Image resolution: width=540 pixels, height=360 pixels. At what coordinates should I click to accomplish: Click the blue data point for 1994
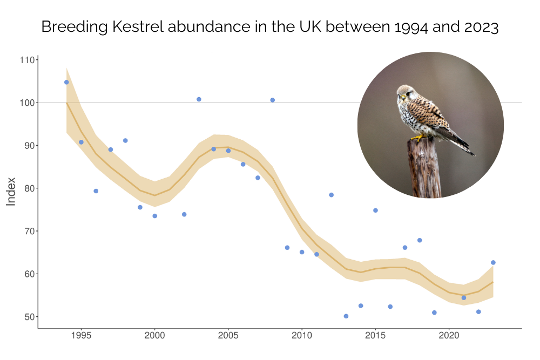coord(66,82)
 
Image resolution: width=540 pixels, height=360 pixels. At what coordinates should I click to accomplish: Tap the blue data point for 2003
coord(199,99)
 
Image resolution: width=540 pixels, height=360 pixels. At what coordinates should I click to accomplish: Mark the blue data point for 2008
coord(272,100)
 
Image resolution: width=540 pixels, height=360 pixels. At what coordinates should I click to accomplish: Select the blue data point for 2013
coord(346,316)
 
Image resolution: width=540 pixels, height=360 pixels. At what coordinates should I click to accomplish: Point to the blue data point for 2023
coord(493,262)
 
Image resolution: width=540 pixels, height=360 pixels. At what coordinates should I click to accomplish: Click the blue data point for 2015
coord(375,210)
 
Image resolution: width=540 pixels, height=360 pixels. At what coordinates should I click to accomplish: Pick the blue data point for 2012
coord(331,195)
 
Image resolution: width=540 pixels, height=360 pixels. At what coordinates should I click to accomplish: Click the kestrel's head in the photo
coord(404,93)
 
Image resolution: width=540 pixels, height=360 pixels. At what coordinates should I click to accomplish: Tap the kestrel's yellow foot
coord(417,138)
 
